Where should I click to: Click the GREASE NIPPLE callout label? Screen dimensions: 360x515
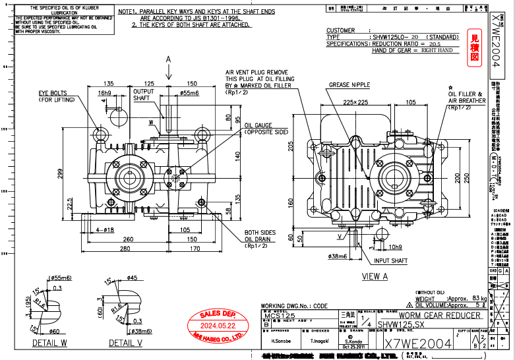349,85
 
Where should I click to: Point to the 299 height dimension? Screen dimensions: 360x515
60,173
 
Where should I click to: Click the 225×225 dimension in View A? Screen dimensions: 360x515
355,102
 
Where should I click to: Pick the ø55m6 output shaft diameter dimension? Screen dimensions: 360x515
190,93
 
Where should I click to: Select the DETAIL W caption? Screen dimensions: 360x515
49,344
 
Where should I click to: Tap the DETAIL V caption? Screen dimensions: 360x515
125,344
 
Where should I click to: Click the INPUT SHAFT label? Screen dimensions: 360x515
390,261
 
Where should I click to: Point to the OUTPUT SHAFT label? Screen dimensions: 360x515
142,95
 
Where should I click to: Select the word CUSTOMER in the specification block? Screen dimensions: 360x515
341,30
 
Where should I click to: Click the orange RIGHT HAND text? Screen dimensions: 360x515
437,50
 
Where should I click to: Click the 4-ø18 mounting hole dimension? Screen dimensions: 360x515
105,229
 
